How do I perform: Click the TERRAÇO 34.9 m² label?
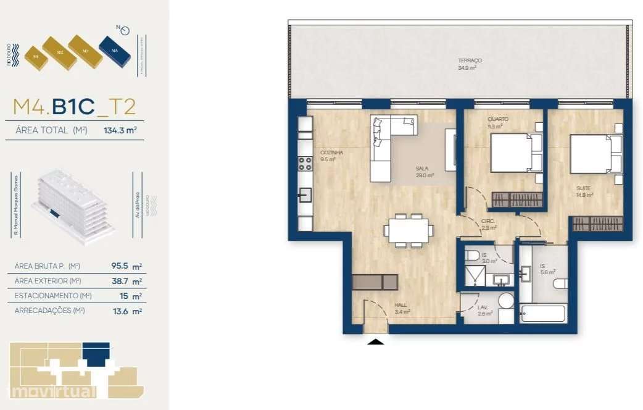[x=470, y=64]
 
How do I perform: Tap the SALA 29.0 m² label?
[x=424, y=171]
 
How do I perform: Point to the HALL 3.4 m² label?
[x=402, y=308]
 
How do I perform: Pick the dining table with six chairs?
[x=408, y=230]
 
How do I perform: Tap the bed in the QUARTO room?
[x=515, y=153]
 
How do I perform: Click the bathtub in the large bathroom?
[x=542, y=314]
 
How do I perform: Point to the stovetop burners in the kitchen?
[x=305, y=164]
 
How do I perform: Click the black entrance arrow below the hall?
[x=376, y=340]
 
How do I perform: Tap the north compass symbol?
[x=125, y=30]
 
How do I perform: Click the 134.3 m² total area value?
[x=120, y=130]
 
